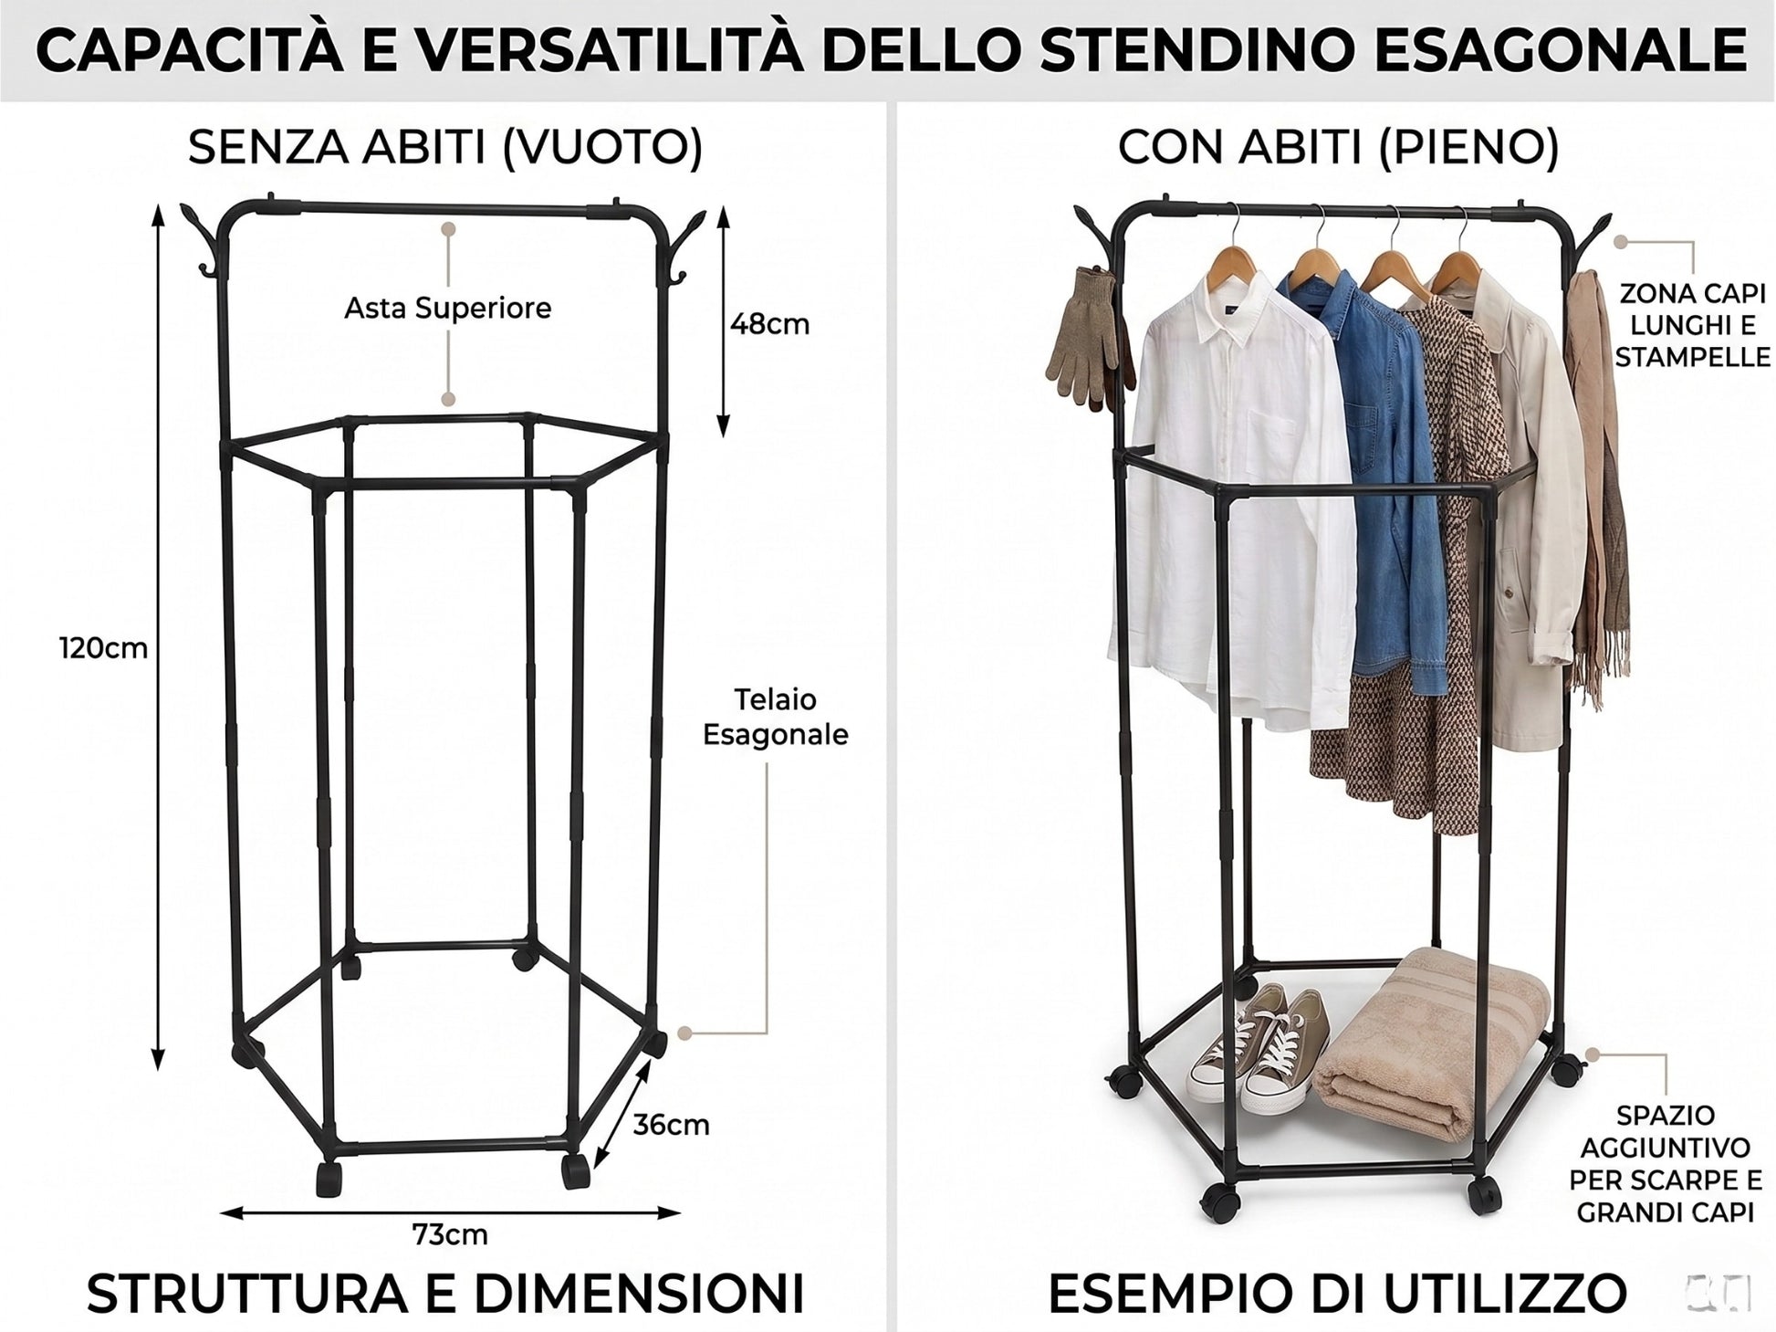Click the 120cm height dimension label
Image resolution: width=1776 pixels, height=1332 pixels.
pyautogui.click(x=103, y=648)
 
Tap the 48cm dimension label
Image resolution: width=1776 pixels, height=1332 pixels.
pyautogui.click(x=769, y=324)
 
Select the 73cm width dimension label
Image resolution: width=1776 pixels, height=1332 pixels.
pyautogui.click(x=450, y=1234)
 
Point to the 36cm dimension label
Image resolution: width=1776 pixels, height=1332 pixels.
pyautogui.click(x=671, y=1125)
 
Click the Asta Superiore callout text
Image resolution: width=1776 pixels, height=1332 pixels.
pyautogui.click(x=447, y=309)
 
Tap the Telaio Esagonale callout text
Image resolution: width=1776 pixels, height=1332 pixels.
pyautogui.click(x=776, y=717)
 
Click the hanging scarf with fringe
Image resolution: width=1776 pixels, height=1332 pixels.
pyautogui.click(x=1597, y=484)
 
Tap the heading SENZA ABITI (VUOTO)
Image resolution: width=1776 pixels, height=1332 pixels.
pyautogui.click(x=445, y=146)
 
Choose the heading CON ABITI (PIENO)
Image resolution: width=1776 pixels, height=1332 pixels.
pyautogui.click(x=1338, y=146)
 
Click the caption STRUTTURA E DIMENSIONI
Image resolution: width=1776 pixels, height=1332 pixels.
pyautogui.click(x=445, y=1292)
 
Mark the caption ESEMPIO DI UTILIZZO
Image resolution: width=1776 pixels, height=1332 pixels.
pyautogui.click(x=1337, y=1292)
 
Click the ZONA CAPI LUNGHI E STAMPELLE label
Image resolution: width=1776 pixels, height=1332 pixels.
pyautogui.click(x=1693, y=325)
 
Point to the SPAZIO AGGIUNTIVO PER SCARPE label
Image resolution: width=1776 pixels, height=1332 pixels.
pyautogui.click(x=1666, y=1164)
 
